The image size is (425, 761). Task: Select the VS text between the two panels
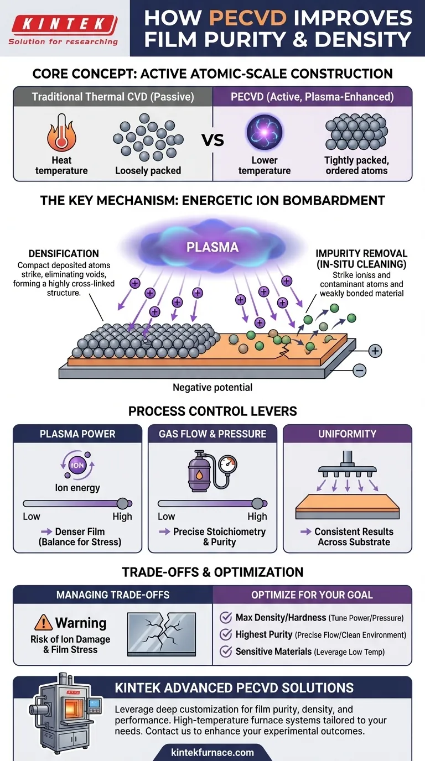tap(212, 140)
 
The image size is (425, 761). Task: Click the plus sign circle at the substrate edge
tap(375, 351)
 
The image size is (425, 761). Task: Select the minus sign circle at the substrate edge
tap(360, 370)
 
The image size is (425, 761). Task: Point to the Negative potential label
tap(212, 388)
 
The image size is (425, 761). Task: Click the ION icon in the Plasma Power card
tap(77, 465)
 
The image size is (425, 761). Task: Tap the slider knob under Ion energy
tap(123, 503)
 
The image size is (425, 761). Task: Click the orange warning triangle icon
tap(43, 623)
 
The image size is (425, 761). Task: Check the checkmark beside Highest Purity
tap(226, 634)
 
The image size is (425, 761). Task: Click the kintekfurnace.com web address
tap(212, 752)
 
